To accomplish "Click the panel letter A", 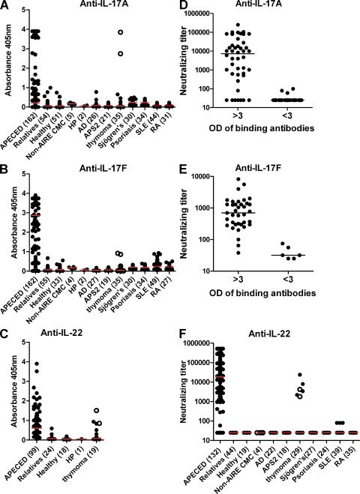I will click(6, 6).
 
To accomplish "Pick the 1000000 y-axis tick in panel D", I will click(229, 13).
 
